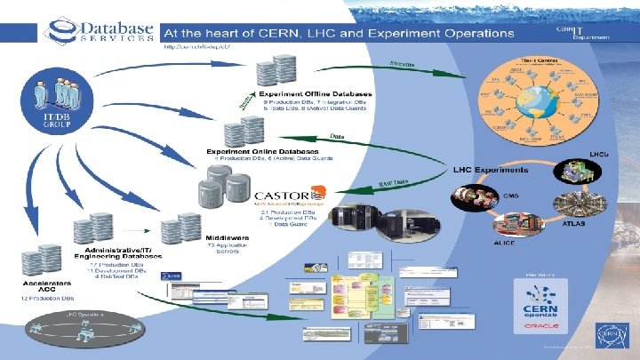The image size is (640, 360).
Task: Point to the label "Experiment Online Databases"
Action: click(251, 151)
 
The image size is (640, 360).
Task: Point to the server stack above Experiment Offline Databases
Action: click(271, 71)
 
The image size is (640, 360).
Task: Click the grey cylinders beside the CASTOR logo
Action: click(222, 188)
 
